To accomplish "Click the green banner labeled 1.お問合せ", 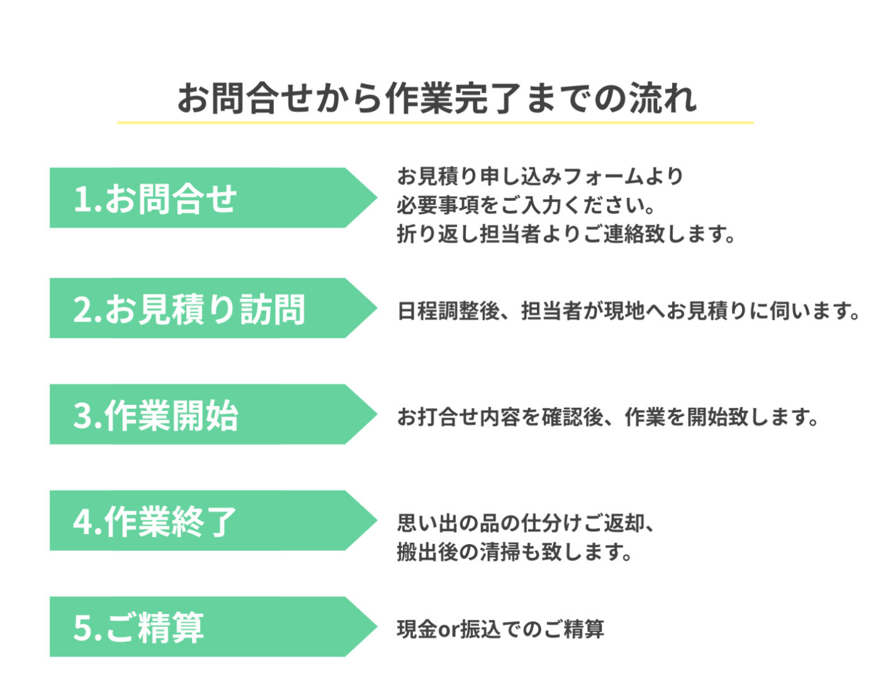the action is [213, 198].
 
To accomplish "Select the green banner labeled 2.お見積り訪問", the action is [213, 308].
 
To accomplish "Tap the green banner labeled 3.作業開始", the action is [213, 414].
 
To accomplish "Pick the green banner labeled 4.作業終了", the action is [213, 521].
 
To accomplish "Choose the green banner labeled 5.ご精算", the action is [213, 626].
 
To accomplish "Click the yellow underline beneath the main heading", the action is [436, 123].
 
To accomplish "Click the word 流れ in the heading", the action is [663, 98].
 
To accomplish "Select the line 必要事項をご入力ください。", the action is [526, 205].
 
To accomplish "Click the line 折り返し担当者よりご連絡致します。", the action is [566, 234].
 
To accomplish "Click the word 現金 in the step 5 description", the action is [417, 630].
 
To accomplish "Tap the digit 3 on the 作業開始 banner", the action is [82, 416].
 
